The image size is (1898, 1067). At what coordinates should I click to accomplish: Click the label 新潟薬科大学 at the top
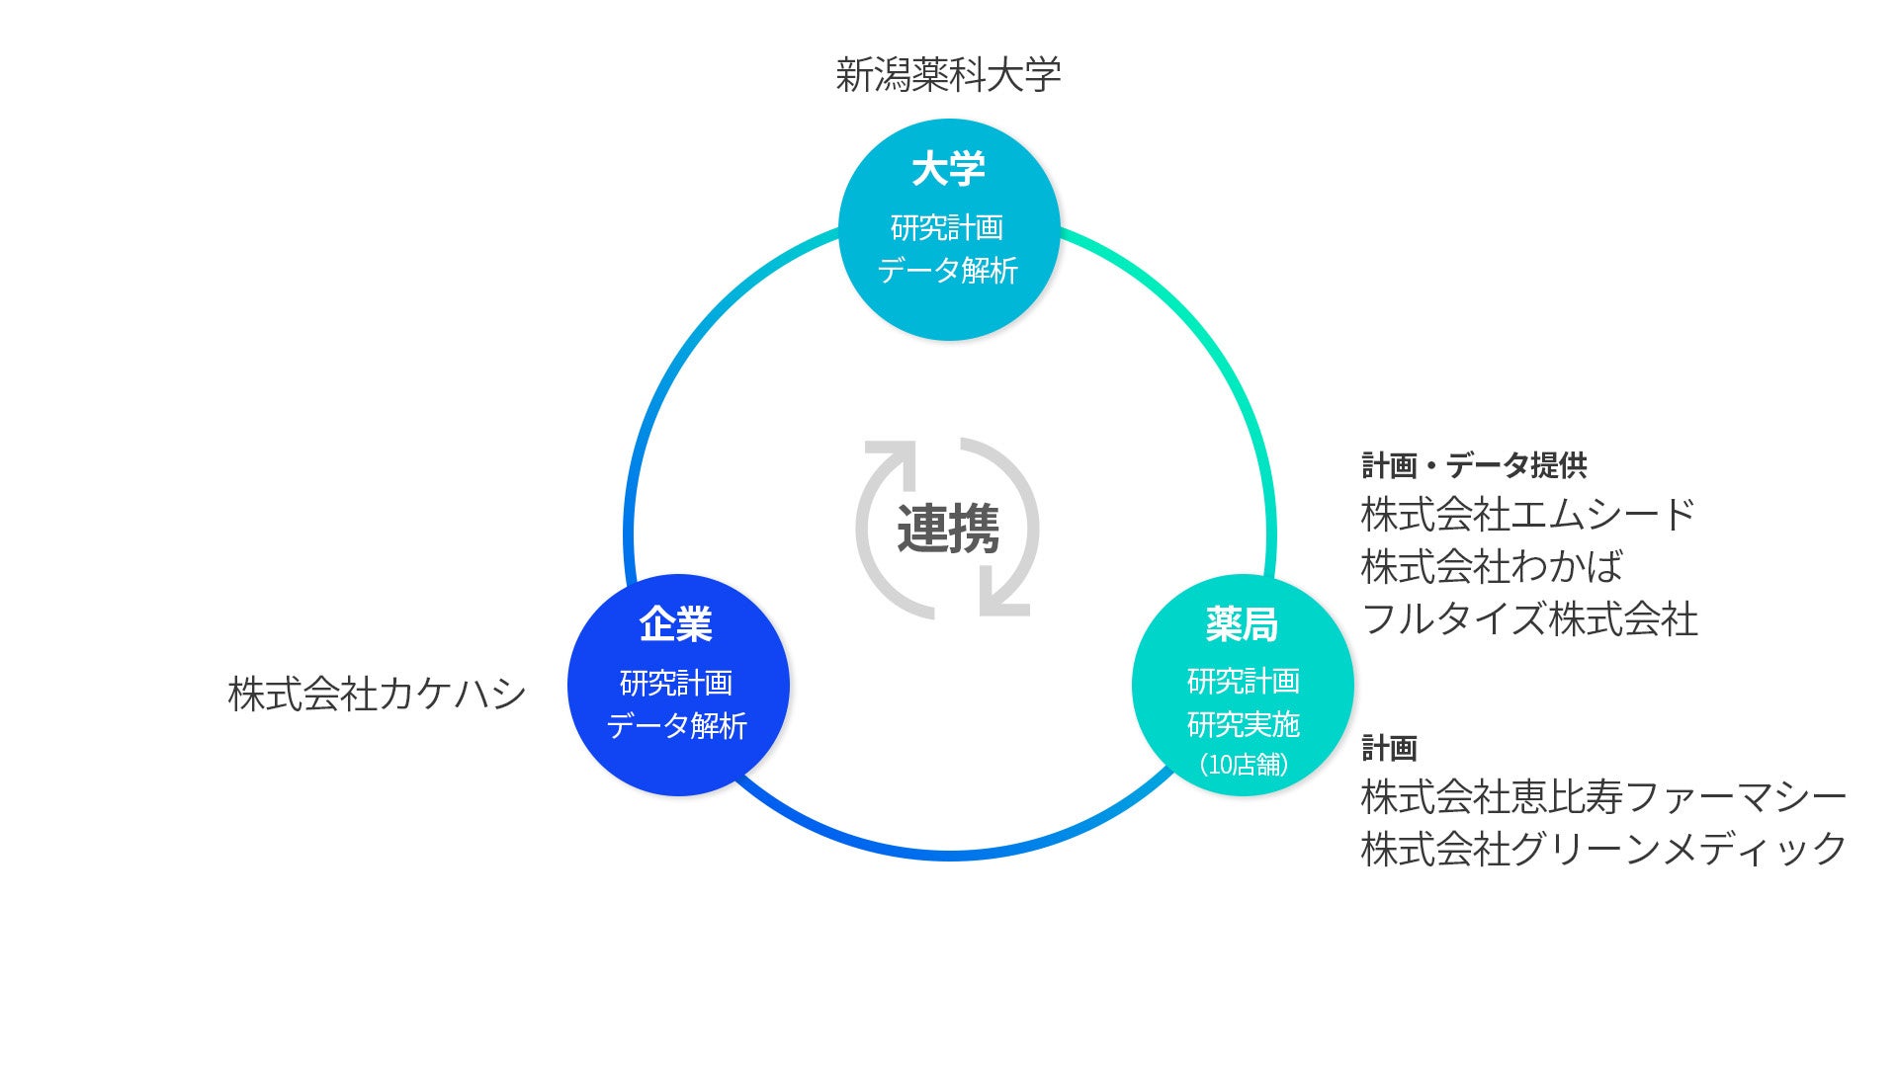[x=948, y=75]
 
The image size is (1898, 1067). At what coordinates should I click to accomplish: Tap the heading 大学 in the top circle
[x=948, y=169]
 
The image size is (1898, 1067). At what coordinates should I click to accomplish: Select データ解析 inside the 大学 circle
[x=948, y=270]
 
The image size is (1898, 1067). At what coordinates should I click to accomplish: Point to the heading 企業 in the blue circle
[x=676, y=624]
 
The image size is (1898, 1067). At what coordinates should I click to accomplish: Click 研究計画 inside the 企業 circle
[x=676, y=683]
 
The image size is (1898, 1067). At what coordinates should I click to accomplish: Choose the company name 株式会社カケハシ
[x=377, y=694]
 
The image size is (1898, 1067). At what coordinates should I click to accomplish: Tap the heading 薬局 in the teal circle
[x=1242, y=624]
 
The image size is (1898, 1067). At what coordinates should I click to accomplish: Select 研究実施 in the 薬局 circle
[x=1243, y=724]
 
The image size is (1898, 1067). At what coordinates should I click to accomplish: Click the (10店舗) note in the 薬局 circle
[x=1243, y=764]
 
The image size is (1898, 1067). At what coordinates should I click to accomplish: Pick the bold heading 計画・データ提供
[x=1474, y=465]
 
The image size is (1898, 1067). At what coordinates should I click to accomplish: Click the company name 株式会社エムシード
[x=1527, y=515]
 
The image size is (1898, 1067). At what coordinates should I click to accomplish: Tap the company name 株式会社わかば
[x=1492, y=567]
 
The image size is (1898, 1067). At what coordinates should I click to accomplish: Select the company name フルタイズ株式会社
[x=1529, y=619]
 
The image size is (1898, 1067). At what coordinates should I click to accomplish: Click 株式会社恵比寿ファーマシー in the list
[x=1602, y=797]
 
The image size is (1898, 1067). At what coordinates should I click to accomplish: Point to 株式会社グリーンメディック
[x=1602, y=849]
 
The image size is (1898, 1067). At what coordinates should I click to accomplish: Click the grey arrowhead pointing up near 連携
[x=889, y=457]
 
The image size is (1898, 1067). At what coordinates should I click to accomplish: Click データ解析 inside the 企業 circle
[x=676, y=726]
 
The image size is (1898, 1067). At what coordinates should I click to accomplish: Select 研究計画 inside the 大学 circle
[x=947, y=227]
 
